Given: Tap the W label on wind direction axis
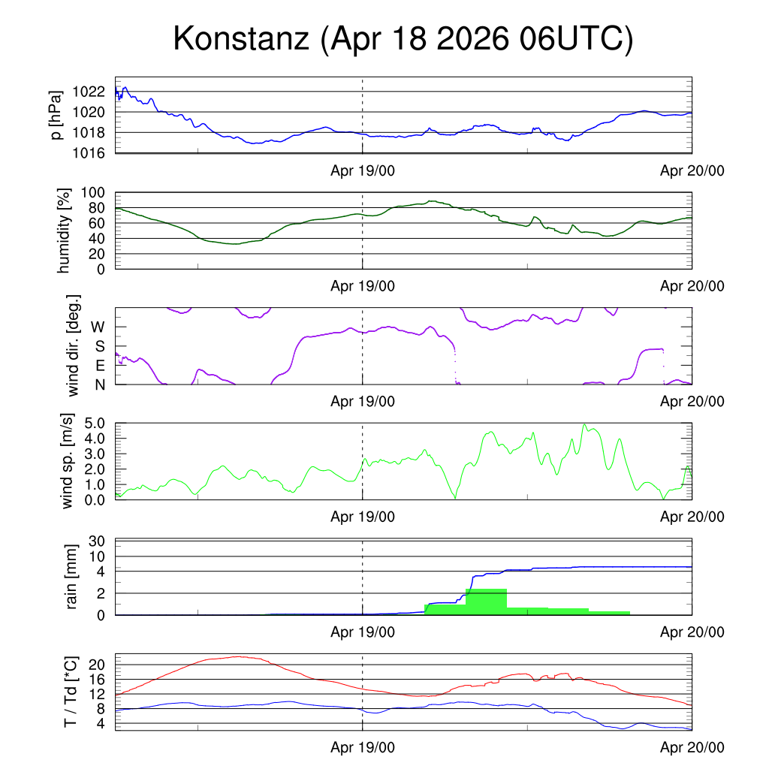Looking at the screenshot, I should pyautogui.click(x=98, y=327).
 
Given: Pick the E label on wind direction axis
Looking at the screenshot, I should pyautogui.click(x=99, y=366).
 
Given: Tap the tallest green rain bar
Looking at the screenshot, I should pyautogui.click(x=486, y=602).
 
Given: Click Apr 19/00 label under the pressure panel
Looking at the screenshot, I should pyautogui.click(x=363, y=170).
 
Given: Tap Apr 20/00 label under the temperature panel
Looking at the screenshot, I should pyautogui.click(x=692, y=749).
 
